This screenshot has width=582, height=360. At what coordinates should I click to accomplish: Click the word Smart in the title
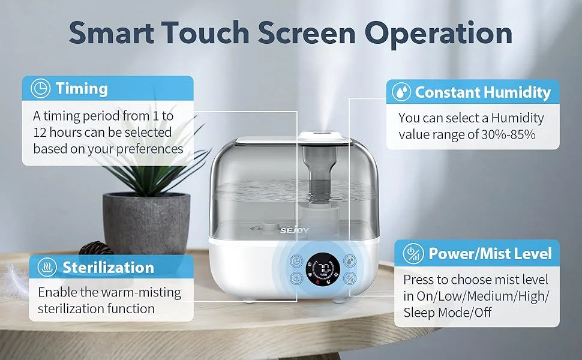(112, 32)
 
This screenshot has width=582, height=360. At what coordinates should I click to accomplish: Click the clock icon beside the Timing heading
(40, 88)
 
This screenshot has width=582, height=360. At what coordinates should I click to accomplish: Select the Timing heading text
(82, 89)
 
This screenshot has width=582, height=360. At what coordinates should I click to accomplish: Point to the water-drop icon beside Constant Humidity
(401, 92)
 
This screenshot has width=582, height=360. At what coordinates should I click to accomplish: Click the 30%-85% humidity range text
(508, 134)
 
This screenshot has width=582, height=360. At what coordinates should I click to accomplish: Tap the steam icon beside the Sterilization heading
(47, 267)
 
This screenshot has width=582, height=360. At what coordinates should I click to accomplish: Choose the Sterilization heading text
(108, 267)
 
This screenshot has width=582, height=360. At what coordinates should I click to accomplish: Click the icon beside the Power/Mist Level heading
(413, 254)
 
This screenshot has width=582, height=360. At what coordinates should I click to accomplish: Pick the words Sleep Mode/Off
(447, 313)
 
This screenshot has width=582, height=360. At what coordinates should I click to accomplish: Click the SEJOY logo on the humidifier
(295, 230)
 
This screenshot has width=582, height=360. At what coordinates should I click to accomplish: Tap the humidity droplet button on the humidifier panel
(349, 261)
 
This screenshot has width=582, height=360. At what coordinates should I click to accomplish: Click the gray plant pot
(146, 223)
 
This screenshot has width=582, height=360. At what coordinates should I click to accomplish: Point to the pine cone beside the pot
(96, 248)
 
